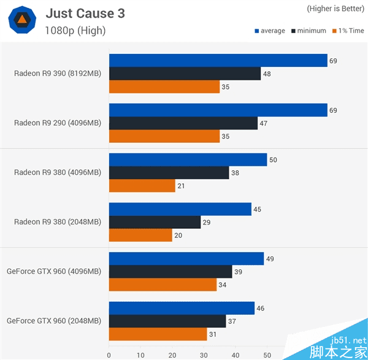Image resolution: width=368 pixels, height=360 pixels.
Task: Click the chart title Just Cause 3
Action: tap(85, 13)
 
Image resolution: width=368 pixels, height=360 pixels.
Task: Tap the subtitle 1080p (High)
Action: tap(75, 30)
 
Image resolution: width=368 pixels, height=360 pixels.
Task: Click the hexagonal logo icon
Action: tap(21, 20)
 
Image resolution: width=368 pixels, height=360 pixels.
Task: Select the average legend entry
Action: tap(269, 31)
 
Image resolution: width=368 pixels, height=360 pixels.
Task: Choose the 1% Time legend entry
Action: tap(348, 31)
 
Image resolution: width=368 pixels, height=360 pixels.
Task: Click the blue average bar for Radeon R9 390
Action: tap(218, 60)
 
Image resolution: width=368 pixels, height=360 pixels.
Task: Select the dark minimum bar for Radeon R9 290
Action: tap(183, 123)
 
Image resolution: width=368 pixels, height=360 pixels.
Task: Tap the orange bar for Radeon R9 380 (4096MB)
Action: tap(142, 186)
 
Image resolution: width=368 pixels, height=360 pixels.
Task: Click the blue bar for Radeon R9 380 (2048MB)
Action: tap(180, 210)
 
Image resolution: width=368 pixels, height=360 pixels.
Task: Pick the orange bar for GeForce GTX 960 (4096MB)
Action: tap(163, 285)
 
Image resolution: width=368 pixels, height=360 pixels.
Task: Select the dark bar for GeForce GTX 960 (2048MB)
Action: tap(167, 321)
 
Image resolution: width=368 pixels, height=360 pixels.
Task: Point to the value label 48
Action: tap(267, 74)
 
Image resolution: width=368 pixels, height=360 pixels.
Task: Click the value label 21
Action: tap(182, 186)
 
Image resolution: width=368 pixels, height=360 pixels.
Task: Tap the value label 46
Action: tap(261, 308)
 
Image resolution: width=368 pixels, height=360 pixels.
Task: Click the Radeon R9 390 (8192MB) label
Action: tap(58, 74)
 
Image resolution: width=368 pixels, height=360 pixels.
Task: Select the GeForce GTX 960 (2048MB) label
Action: tap(54, 321)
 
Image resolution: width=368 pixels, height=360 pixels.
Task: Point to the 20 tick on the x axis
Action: tap(172, 354)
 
